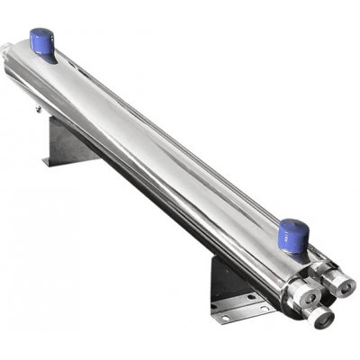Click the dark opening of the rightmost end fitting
pyautogui.click(x=345, y=291)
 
